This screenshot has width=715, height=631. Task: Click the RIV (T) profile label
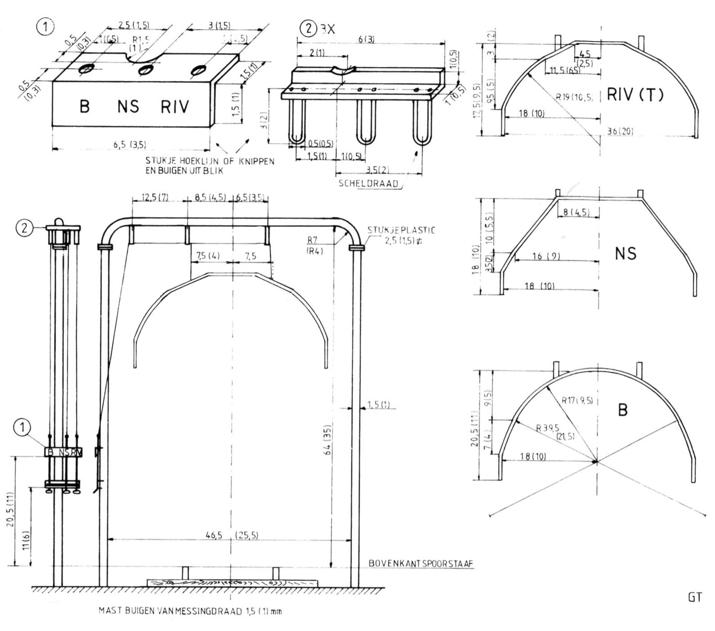635,95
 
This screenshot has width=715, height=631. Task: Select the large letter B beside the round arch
623,410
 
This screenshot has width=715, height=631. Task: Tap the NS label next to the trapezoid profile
626,254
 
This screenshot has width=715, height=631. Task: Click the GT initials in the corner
694,597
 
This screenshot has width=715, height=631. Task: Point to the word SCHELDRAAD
368,184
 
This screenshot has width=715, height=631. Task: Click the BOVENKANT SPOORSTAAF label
421,563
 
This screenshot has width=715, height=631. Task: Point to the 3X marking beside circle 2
327,29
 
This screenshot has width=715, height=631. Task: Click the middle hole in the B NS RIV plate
145,70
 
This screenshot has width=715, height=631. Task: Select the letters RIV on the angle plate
175,107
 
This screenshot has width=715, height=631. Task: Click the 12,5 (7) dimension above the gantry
154,197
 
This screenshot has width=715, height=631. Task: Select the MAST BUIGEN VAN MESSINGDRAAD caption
190,611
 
